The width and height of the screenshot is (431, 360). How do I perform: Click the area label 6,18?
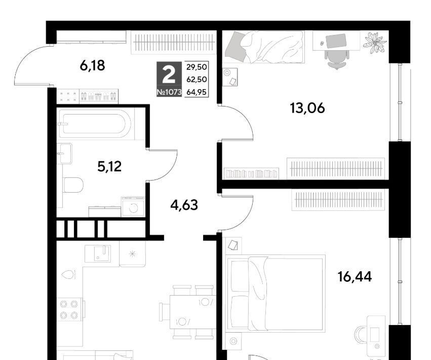coord(92,66)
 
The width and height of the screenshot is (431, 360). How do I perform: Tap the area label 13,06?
coord(307,108)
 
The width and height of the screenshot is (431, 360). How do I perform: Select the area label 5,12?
coord(109,166)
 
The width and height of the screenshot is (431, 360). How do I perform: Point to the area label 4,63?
coord(184,205)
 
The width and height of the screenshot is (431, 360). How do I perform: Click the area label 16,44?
coord(355,277)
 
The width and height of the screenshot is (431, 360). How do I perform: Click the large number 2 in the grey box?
coord(169,75)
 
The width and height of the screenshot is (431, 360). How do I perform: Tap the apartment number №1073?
coord(169,92)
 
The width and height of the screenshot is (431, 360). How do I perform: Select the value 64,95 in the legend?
coord(197,92)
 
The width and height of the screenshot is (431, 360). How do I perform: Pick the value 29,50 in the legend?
coord(197,67)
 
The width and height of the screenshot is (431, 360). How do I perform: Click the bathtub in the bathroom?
coord(95,124)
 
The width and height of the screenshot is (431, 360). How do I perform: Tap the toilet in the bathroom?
coord(73,185)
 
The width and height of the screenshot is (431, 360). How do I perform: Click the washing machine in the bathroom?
coord(133,207)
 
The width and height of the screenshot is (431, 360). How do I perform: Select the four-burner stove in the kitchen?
coord(69,309)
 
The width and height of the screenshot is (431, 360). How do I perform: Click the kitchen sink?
coord(98,254)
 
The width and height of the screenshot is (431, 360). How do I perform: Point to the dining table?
coord(192,312)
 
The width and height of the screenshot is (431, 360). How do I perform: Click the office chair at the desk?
coord(337,58)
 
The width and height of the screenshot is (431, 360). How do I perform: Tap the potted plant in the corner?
coord(375,43)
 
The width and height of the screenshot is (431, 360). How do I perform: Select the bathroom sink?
coord(64,153)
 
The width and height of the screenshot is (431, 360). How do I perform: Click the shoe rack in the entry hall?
coord(99,96)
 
